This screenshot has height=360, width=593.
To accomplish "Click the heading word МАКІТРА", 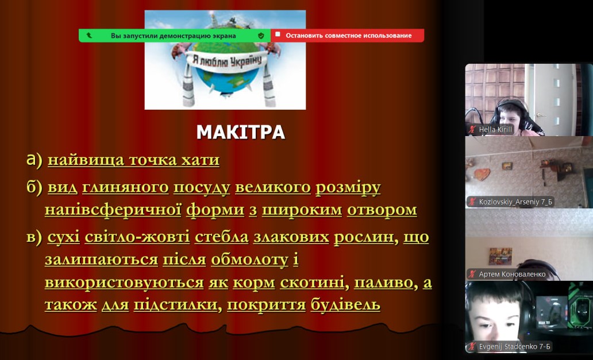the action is tap(241, 132).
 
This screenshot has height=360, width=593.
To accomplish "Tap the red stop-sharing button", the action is tap(347, 36).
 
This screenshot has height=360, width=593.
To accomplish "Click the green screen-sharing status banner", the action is tap(175, 36).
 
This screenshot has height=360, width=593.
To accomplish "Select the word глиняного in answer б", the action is tap(125, 187).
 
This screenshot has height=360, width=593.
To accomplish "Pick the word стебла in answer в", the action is tap(222, 237).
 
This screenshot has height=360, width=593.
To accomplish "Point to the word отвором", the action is tap(382, 210).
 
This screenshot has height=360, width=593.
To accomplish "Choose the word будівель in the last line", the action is tap(345, 304).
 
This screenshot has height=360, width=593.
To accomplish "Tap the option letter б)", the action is tap(34, 187).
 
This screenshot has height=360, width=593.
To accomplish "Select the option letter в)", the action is tap(34, 237).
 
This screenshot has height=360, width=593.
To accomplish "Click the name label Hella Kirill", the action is tap(495, 130).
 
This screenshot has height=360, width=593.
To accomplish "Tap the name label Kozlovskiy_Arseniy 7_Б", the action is tap(515, 202).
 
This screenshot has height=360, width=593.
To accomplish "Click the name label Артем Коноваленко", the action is tap(512, 274).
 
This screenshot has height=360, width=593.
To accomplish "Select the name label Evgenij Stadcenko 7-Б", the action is tap(514, 346).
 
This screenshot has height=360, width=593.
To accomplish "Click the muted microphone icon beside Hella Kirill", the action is tap(472, 130).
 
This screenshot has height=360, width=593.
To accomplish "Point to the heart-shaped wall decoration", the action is tap(482, 175).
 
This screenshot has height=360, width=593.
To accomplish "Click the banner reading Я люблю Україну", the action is tap(227, 60).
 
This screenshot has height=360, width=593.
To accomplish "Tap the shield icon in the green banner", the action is tap(261, 36).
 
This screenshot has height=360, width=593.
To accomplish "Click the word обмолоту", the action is tap(249, 260).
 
